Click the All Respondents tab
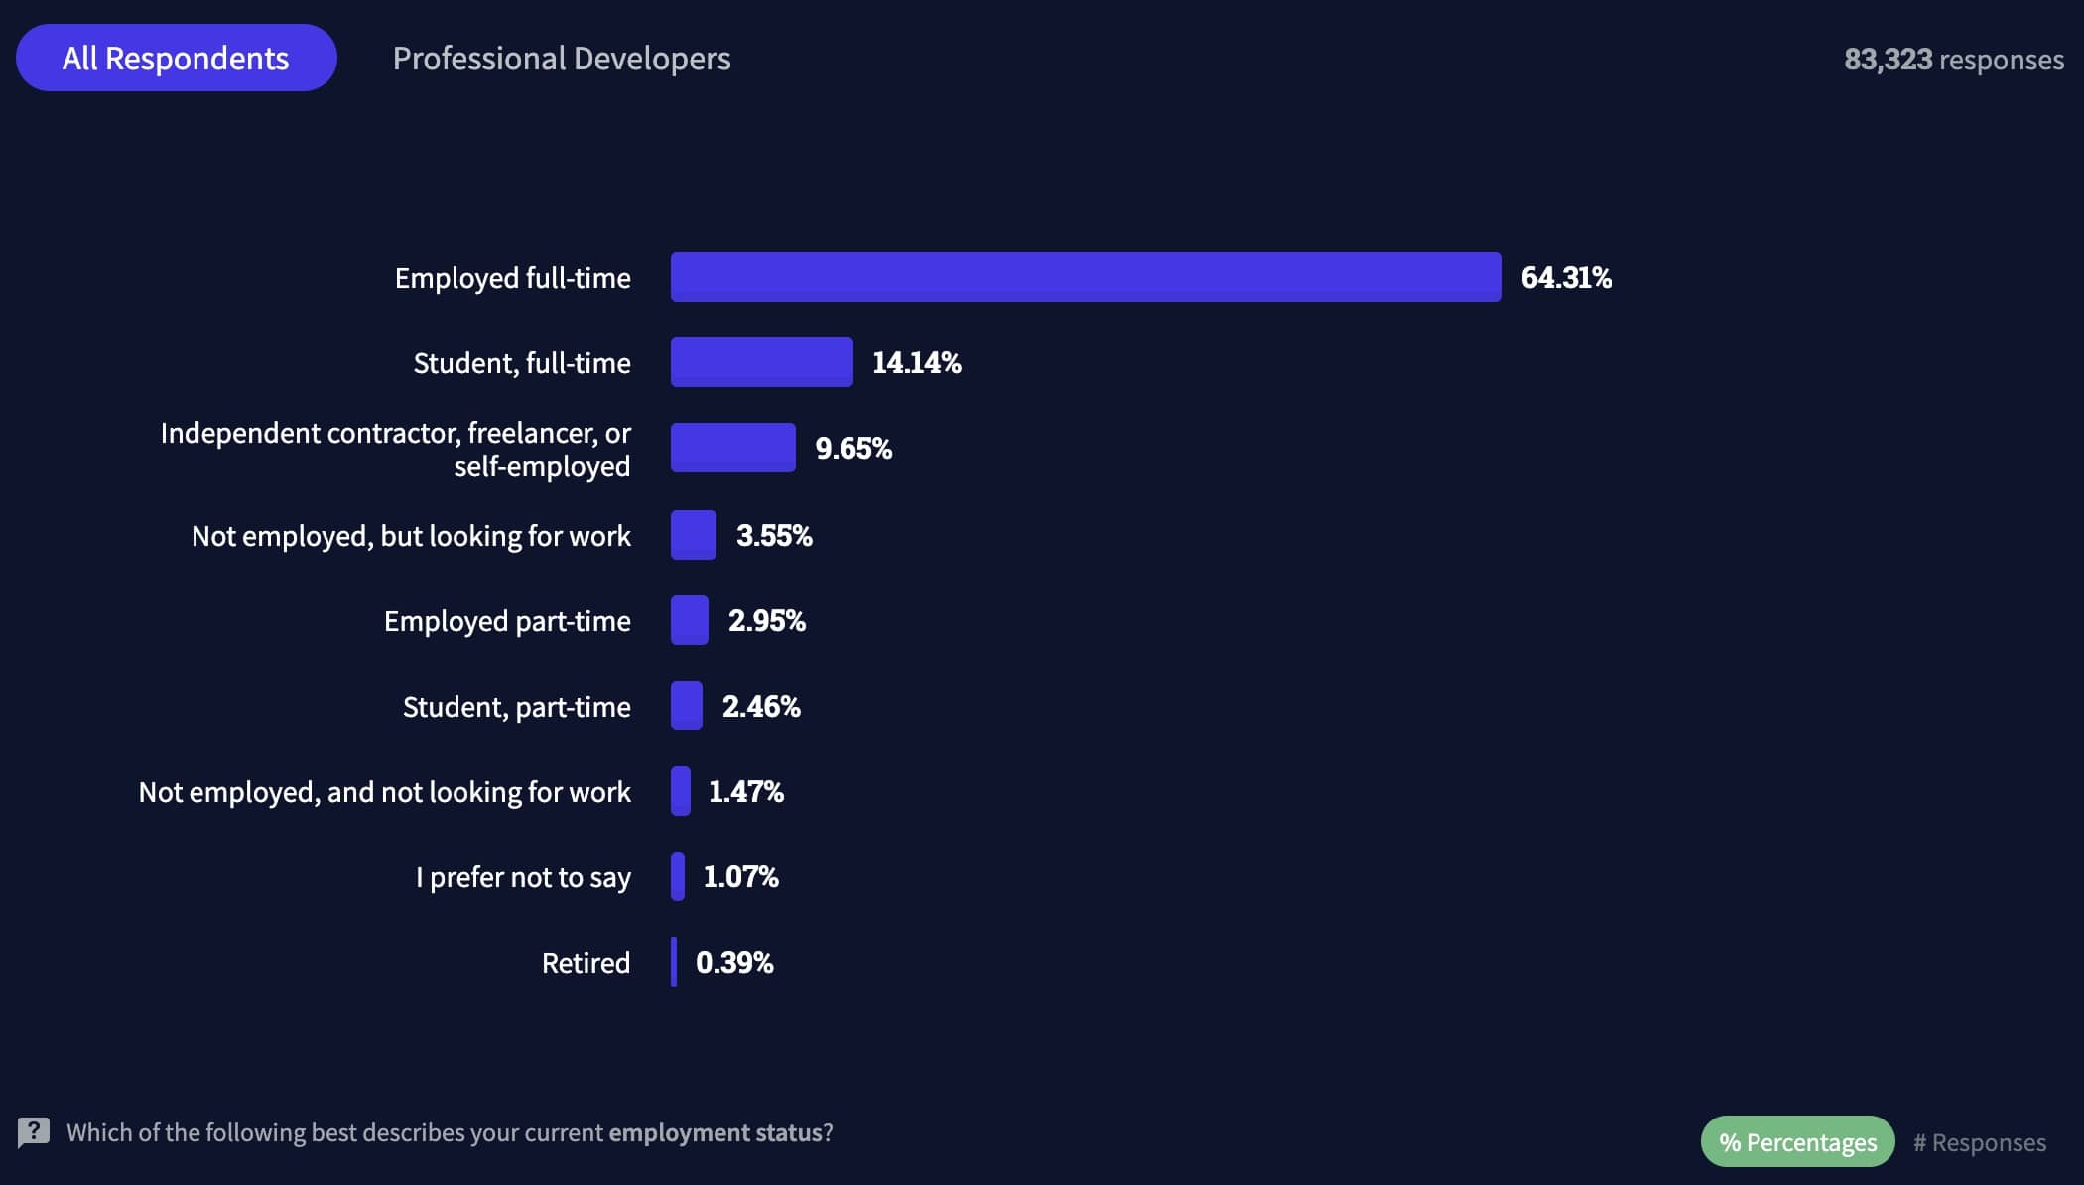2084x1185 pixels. [x=176, y=59]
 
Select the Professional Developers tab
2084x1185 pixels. [x=562, y=59]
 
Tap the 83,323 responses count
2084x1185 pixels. [x=1953, y=60]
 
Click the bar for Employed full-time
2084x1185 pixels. [x=1086, y=277]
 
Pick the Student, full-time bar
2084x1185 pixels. [x=761, y=362]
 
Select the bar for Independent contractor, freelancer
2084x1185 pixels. [x=732, y=448]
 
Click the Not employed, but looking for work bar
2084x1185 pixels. [x=693, y=535]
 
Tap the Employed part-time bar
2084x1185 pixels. [x=689, y=620]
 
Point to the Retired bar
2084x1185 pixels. [x=674, y=962]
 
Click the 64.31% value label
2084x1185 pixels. [x=1566, y=277]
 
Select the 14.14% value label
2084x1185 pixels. [x=916, y=362]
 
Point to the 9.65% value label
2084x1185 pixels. [x=853, y=448]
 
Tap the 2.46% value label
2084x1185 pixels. [x=761, y=706]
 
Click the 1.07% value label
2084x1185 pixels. [x=740, y=876]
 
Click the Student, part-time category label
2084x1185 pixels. [x=516, y=707]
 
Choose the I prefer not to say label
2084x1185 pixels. [x=523, y=877]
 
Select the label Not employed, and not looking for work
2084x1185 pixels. [x=384, y=792]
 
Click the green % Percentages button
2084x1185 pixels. [x=1797, y=1142]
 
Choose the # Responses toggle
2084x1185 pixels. [x=1980, y=1142]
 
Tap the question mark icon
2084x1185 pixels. [x=34, y=1131]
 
